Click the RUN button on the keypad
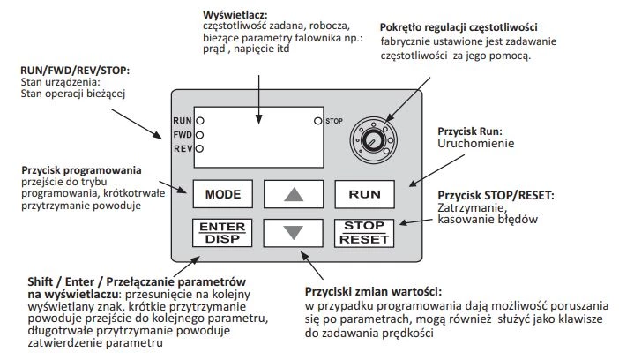click(364, 193)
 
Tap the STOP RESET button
click(364, 232)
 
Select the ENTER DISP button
click(221, 232)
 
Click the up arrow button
click(294, 193)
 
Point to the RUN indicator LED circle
click(200, 119)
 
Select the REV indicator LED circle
click(200, 148)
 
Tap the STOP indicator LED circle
click(317, 119)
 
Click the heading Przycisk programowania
click(81, 170)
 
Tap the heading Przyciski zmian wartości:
click(373, 290)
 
